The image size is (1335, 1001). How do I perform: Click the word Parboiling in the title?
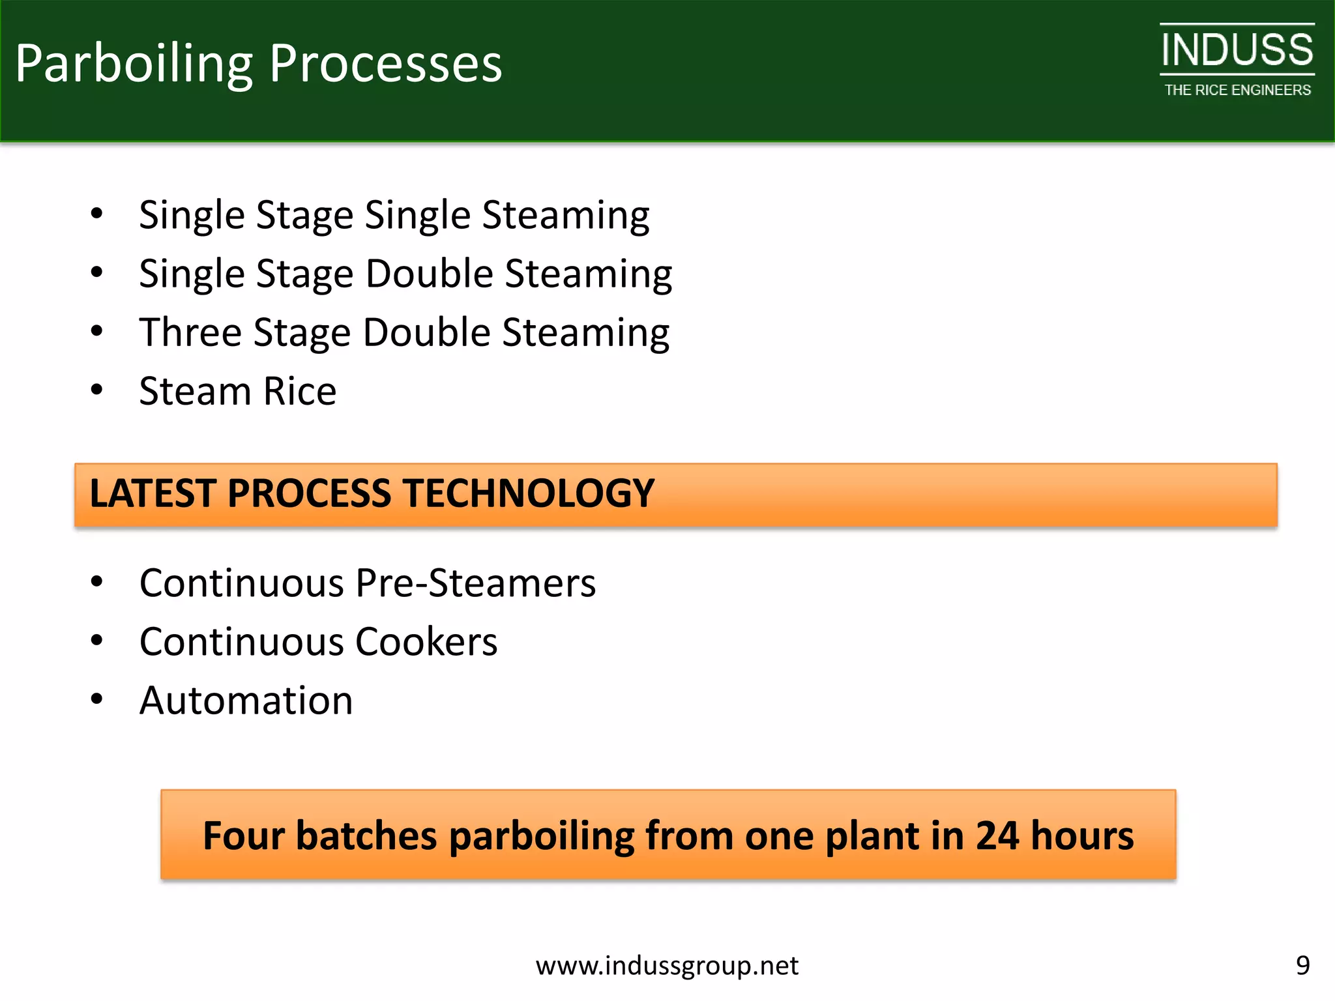[134, 64]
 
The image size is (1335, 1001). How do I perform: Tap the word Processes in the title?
[385, 64]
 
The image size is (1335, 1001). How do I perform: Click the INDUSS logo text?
[1237, 50]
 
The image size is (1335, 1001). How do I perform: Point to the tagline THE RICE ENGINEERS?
[1237, 91]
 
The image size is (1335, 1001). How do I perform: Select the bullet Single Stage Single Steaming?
[394, 215]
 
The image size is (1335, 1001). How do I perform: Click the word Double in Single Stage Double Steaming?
[429, 274]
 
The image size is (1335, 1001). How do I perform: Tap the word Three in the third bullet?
[190, 332]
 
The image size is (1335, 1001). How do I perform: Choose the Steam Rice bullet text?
[237, 391]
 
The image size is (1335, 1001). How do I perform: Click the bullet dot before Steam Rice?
[97, 390]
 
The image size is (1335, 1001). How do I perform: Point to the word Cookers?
[426, 642]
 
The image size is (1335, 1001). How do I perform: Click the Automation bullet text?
[246, 701]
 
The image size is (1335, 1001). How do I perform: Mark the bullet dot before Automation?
[97, 699]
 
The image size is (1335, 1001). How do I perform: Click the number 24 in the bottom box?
[997, 835]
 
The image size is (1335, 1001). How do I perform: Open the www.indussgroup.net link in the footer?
[667, 966]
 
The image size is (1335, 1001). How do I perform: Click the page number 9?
[1302, 965]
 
